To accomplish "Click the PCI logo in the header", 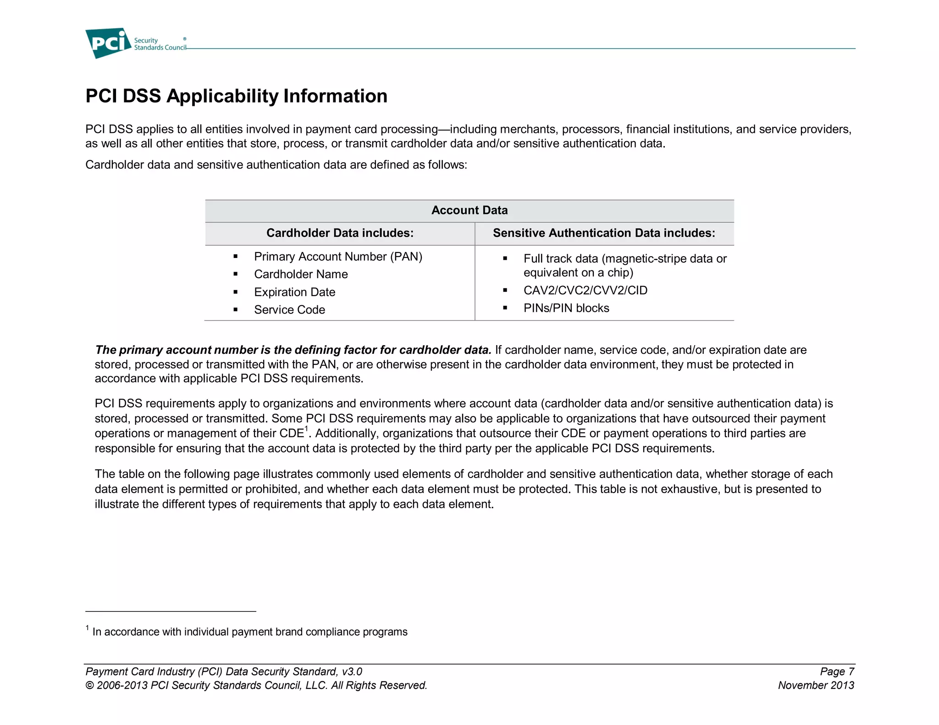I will coord(108,44).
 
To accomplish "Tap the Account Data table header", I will coord(469,210).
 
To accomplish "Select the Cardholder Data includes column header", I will coord(340,233).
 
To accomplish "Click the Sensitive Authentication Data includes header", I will coord(604,233).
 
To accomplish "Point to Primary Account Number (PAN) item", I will coord(338,257).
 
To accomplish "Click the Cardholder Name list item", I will coord(301,274).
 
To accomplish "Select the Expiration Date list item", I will coord(294,292).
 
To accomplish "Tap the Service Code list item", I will coord(289,310).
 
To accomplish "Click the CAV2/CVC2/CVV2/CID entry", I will coord(585,291).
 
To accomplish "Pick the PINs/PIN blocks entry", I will coord(566,308).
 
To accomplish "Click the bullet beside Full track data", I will coord(505,258).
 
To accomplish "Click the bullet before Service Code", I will coord(235,310).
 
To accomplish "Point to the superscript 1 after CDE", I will coord(307,429).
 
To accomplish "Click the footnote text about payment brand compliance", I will coord(249,632).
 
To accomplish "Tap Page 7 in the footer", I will coord(837,671).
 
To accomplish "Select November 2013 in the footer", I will coord(816,685).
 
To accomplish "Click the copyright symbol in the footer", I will coord(89,686).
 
